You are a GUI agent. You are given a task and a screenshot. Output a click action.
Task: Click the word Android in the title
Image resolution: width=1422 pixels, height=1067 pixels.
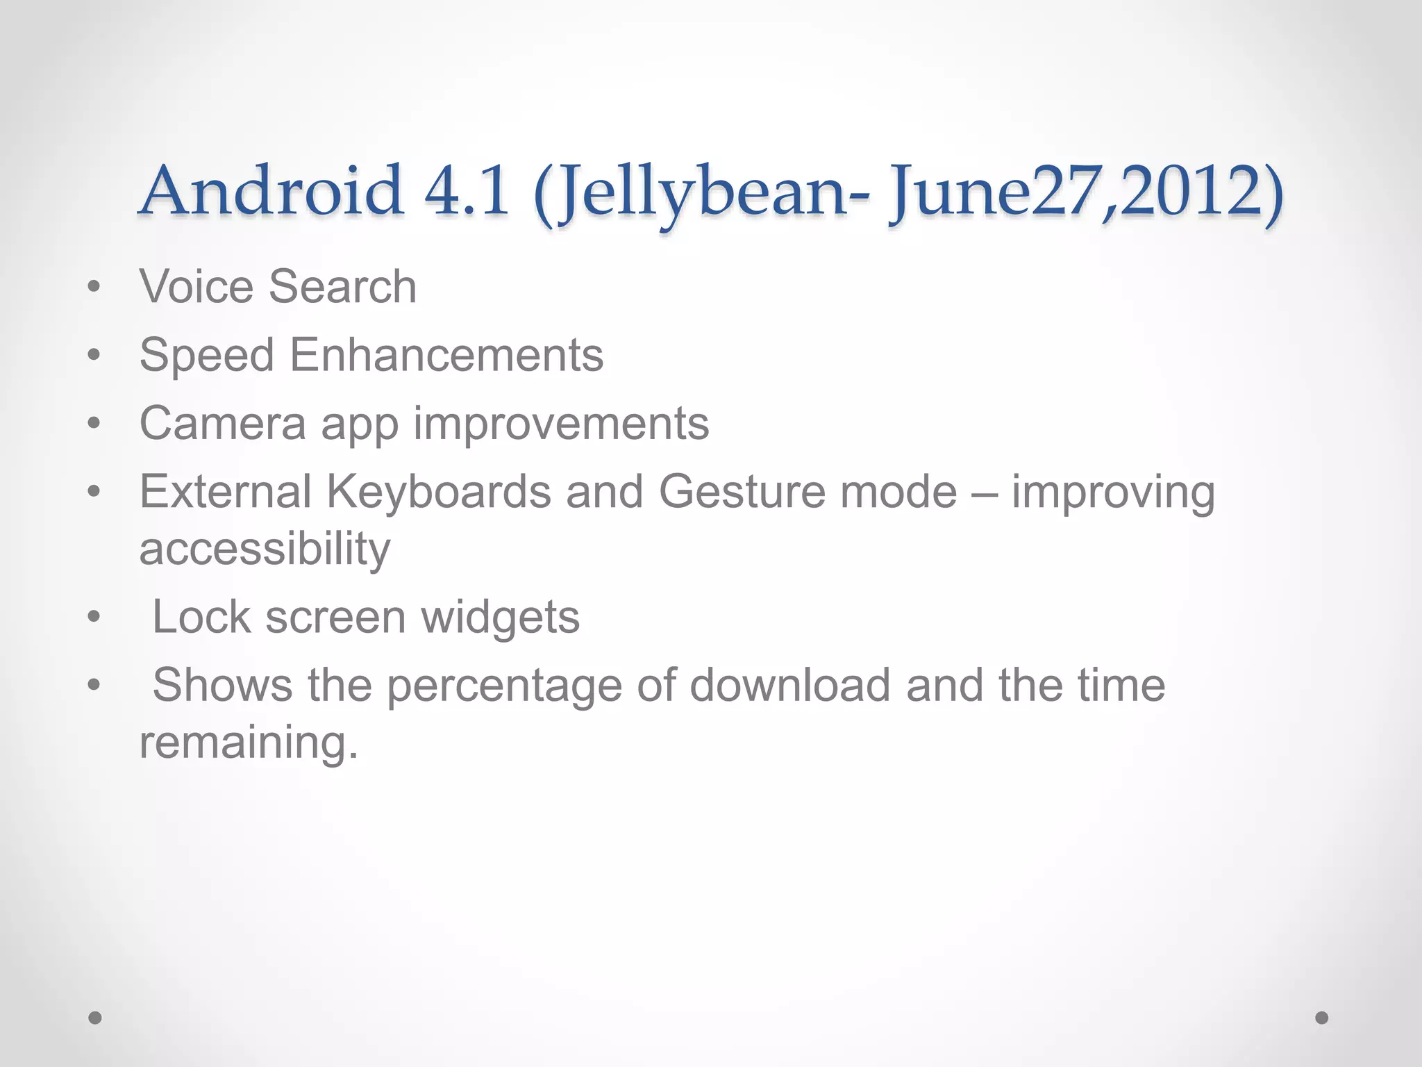pos(271,190)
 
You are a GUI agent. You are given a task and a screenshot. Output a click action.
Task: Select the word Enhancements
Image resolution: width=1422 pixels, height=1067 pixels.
pos(446,355)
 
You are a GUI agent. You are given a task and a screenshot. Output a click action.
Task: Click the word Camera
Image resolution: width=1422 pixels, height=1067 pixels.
pos(222,423)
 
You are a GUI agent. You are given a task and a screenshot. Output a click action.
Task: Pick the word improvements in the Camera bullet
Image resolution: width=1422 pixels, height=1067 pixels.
pos(561,424)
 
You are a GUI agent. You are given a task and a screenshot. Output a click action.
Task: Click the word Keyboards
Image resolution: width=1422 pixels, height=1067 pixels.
pos(438,492)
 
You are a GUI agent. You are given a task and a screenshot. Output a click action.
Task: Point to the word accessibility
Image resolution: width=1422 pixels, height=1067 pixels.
pos(265,549)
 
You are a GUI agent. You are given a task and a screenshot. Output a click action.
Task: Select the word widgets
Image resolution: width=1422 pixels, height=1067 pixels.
pos(500,618)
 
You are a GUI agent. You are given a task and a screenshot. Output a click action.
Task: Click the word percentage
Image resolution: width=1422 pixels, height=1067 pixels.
pos(503,686)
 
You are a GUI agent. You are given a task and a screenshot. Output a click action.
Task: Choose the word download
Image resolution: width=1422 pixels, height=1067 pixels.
pos(789,685)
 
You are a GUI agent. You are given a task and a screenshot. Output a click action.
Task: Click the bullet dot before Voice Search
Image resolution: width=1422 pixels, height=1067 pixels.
pos(94,287)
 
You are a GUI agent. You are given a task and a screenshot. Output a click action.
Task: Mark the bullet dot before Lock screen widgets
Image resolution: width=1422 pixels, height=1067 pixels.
pos(94,617)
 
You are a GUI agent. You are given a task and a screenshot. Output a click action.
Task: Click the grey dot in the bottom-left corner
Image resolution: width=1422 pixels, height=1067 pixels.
pos(95,1018)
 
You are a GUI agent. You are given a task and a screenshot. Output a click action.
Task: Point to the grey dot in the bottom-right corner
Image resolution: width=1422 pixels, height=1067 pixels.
pos(1322,1018)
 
